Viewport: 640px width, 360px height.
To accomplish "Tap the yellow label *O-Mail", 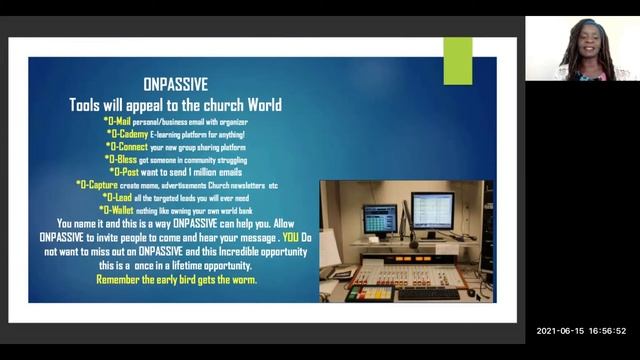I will [x=119, y=122].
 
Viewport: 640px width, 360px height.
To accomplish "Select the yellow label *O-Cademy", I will [x=125, y=134].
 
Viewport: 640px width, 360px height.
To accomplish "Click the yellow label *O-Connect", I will [x=127, y=146].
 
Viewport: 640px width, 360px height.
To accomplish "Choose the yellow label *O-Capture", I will [x=106, y=184].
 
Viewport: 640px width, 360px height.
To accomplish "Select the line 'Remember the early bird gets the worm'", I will [x=176, y=280].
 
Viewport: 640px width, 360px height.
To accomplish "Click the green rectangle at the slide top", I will [x=458, y=61].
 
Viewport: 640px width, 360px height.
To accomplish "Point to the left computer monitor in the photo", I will [x=380, y=216].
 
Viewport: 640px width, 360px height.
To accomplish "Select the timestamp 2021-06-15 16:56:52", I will [x=581, y=331].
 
